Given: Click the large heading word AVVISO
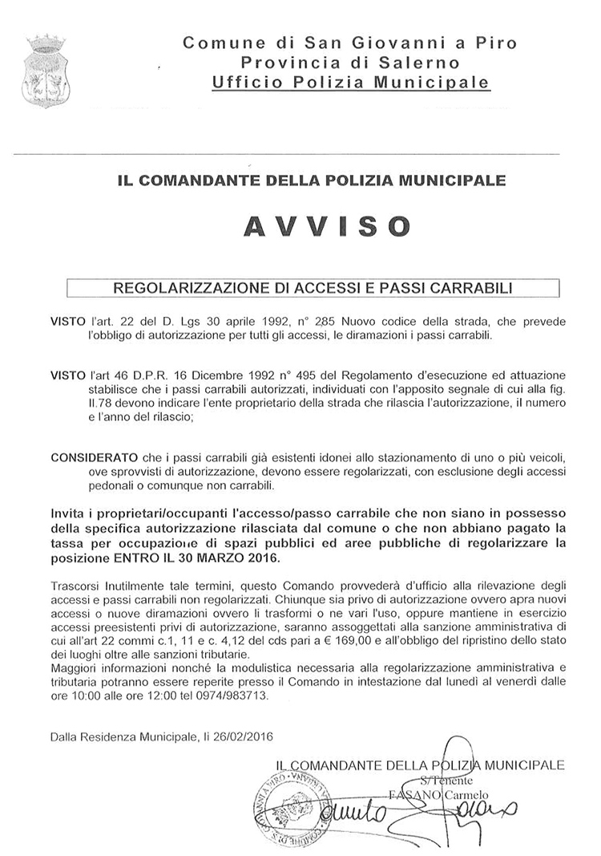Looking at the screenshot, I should coord(325,227).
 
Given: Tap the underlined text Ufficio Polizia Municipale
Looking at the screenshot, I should coord(350,82).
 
